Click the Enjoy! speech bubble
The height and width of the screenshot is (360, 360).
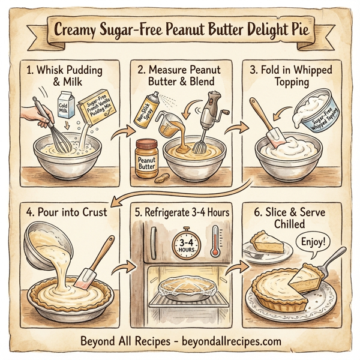click(x=313, y=243)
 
